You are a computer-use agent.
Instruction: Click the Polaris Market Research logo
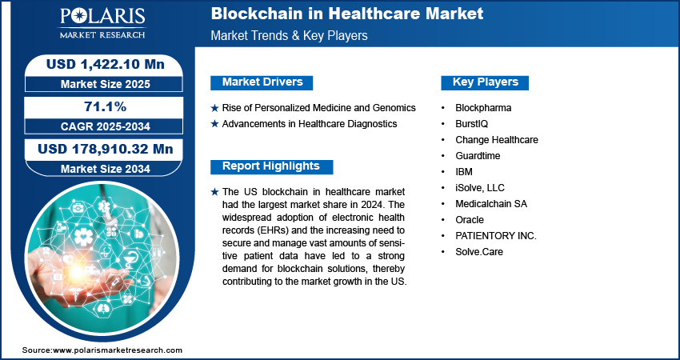click(102, 23)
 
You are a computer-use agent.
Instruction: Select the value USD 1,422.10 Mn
click(106, 64)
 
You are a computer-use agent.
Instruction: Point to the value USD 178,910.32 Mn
click(106, 149)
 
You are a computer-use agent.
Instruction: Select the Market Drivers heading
click(262, 82)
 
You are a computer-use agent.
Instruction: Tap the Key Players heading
click(486, 82)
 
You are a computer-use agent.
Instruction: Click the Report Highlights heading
click(271, 166)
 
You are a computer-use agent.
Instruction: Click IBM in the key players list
click(464, 172)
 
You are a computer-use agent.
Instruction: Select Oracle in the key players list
click(470, 220)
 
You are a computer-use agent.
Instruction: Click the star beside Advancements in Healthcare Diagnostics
click(214, 124)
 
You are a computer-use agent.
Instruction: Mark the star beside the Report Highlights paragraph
click(214, 192)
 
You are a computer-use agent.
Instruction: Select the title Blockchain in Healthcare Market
click(347, 14)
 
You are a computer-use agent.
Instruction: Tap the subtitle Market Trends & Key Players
click(290, 35)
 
